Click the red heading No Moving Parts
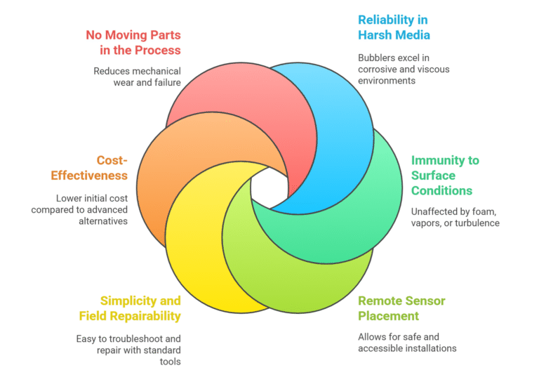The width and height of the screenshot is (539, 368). [133, 42]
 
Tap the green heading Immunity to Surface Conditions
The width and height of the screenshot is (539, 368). [445, 175]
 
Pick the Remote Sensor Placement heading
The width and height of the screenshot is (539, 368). [401, 308]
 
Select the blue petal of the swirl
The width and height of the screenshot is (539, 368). [337, 112]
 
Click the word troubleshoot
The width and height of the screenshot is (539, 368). [135, 339]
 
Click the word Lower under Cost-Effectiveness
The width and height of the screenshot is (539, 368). [69, 198]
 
